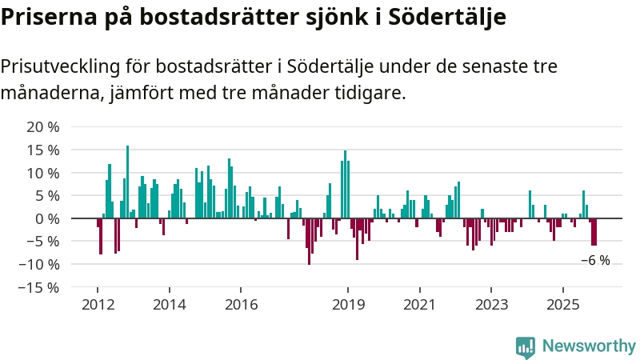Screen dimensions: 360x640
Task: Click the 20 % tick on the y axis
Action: click(x=43, y=127)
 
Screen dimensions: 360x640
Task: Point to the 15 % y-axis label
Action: click(x=43, y=150)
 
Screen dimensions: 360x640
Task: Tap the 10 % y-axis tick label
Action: click(x=43, y=173)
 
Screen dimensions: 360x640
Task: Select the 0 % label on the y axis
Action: click(x=47, y=218)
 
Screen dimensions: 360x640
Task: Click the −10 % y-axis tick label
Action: click(x=40, y=264)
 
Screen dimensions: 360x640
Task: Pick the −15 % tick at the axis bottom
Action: click(x=40, y=287)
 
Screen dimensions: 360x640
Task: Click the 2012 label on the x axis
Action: click(x=97, y=305)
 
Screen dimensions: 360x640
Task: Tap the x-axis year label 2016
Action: click(x=241, y=305)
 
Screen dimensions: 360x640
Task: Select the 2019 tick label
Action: click(x=348, y=305)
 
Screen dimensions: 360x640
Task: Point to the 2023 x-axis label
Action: click(x=491, y=305)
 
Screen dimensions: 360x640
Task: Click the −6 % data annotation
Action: click(x=595, y=260)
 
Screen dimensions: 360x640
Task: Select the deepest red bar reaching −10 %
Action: click(x=309, y=242)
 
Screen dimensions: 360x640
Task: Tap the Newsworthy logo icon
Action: click(x=526, y=346)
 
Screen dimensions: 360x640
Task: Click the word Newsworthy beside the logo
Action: click(x=589, y=346)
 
